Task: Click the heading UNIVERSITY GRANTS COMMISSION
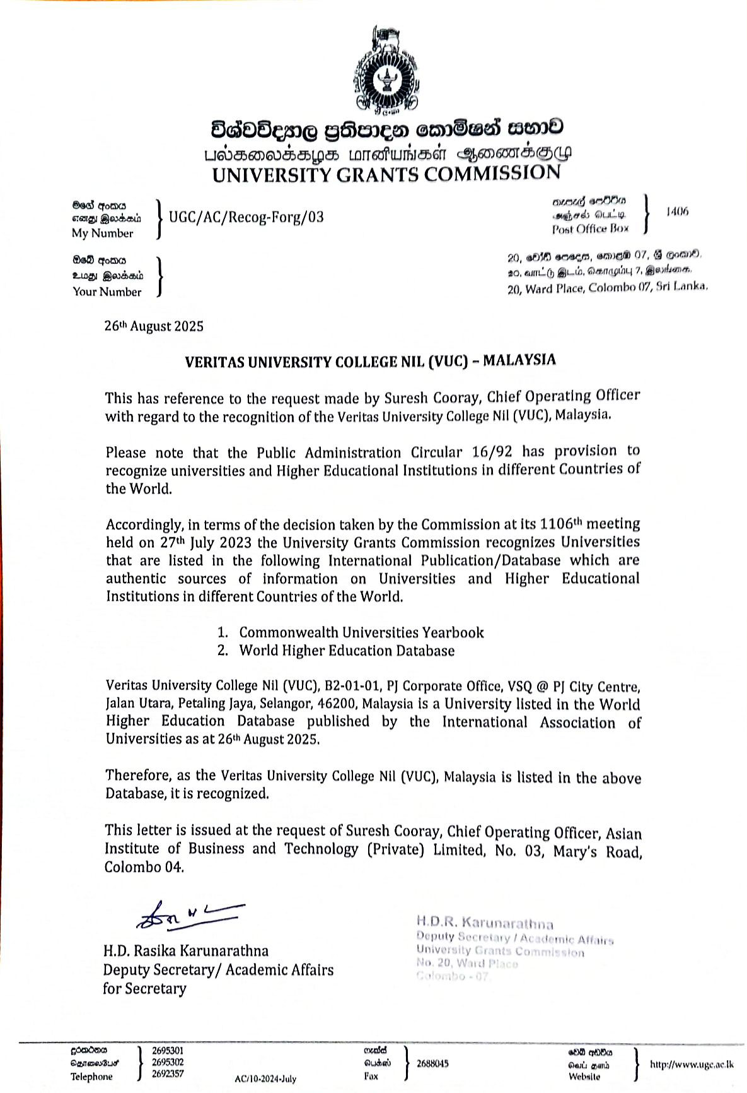386,174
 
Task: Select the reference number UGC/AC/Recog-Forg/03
246,217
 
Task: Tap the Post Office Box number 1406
677,211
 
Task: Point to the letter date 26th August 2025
154,326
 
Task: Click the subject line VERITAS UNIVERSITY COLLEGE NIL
370,361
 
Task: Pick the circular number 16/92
492,452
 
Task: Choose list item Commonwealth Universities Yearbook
361,632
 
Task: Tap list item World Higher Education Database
347,651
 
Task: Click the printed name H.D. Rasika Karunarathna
186,951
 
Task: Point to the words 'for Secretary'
144,988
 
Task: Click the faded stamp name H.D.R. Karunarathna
485,923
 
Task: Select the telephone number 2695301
168,1051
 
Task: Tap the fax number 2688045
432,1063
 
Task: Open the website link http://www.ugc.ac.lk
692,1064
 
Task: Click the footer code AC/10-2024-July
265,1078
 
